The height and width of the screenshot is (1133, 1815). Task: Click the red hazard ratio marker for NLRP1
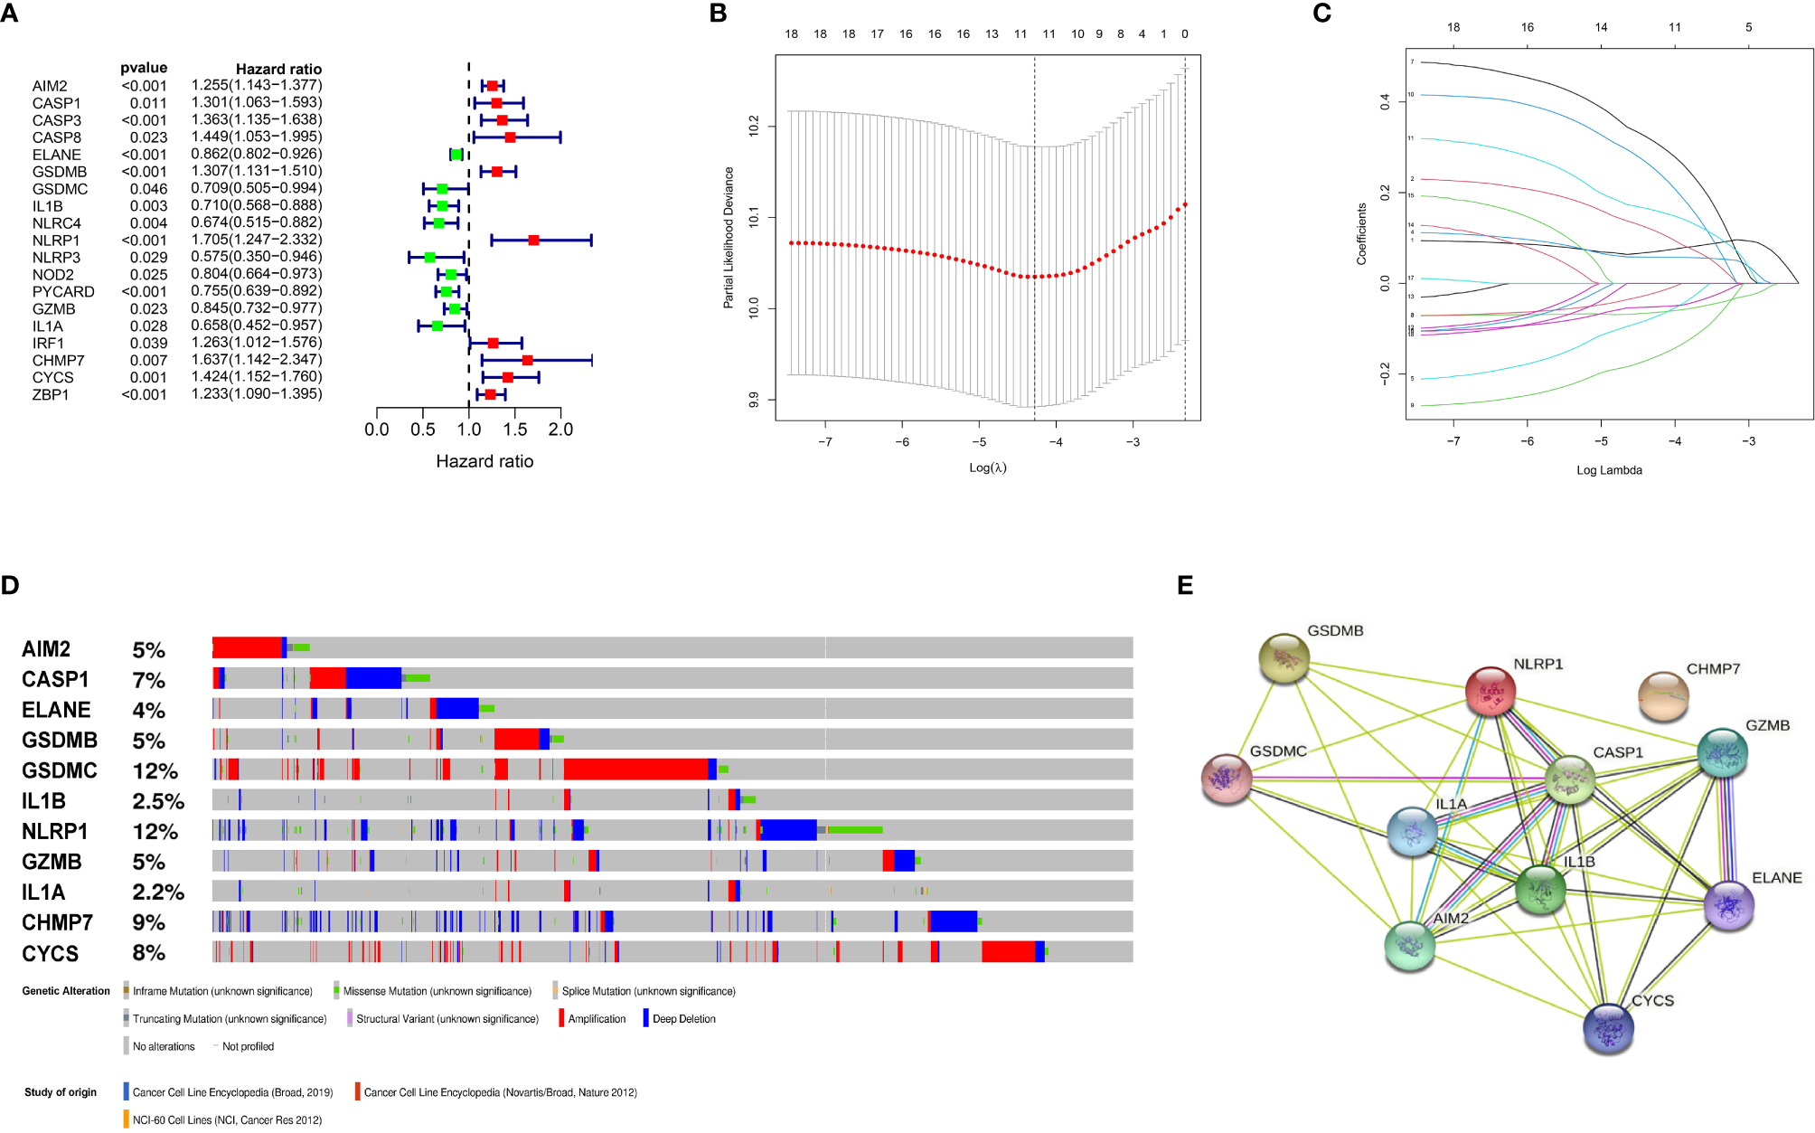click(x=533, y=241)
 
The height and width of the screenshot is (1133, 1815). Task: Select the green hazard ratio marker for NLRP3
click(x=429, y=258)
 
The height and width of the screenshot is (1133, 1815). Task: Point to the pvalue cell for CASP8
click(x=148, y=137)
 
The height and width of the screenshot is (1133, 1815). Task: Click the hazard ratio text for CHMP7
click(x=257, y=360)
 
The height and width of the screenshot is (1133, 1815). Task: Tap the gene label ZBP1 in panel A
click(x=51, y=395)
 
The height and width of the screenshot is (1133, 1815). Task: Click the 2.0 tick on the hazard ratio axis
click(x=560, y=430)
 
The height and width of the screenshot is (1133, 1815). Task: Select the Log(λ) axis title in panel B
click(x=987, y=467)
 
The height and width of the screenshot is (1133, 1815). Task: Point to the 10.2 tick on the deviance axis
click(x=754, y=126)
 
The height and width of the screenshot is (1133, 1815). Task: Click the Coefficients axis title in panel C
click(x=1361, y=233)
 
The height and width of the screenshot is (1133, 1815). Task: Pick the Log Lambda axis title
click(x=1609, y=470)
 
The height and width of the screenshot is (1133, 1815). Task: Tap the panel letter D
click(x=10, y=585)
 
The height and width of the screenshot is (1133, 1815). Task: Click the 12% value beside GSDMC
click(x=155, y=771)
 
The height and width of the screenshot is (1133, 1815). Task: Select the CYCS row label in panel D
click(x=51, y=954)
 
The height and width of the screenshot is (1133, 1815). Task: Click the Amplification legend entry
click(x=596, y=1019)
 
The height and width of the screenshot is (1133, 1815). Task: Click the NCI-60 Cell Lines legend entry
click(x=226, y=1120)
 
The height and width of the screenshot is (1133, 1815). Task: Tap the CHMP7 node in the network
click(x=1663, y=695)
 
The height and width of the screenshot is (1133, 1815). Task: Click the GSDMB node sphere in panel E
click(x=1284, y=657)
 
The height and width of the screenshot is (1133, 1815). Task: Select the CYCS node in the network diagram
click(x=1608, y=1028)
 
